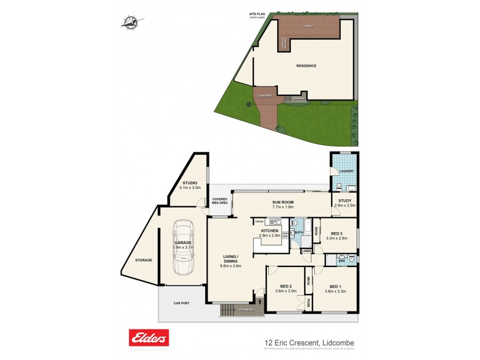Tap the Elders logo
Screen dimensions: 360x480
click(149, 338)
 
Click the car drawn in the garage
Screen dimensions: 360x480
click(184, 247)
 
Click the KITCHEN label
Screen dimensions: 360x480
click(269, 230)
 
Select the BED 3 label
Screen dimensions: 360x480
click(335, 233)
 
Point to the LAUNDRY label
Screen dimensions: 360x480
click(346, 172)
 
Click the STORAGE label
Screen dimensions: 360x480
click(143, 260)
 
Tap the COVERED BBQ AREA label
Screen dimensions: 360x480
click(218, 201)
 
